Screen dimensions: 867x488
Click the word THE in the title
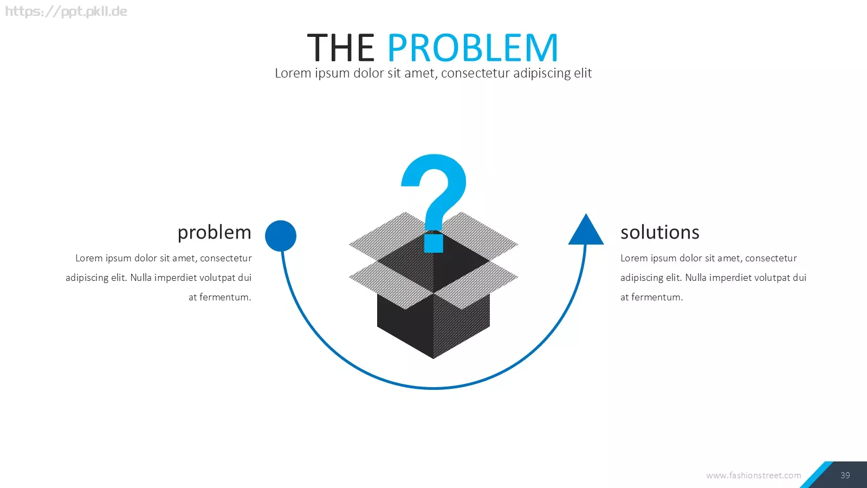coord(341,48)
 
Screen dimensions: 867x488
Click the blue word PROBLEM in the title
coord(473,48)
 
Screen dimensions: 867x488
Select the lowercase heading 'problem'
coord(215,233)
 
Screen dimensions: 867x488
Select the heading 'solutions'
coord(660,233)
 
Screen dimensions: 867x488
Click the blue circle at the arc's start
coord(281,236)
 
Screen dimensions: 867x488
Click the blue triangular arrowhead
coord(586,229)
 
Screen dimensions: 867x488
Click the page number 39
coord(845,475)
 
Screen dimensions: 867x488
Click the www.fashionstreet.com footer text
coord(754,475)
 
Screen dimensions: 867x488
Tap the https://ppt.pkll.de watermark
coord(66,11)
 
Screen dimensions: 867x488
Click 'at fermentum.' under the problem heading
coord(220,297)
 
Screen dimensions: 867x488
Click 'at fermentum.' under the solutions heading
coord(652,297)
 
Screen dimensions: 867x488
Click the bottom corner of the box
coord(433,358)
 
